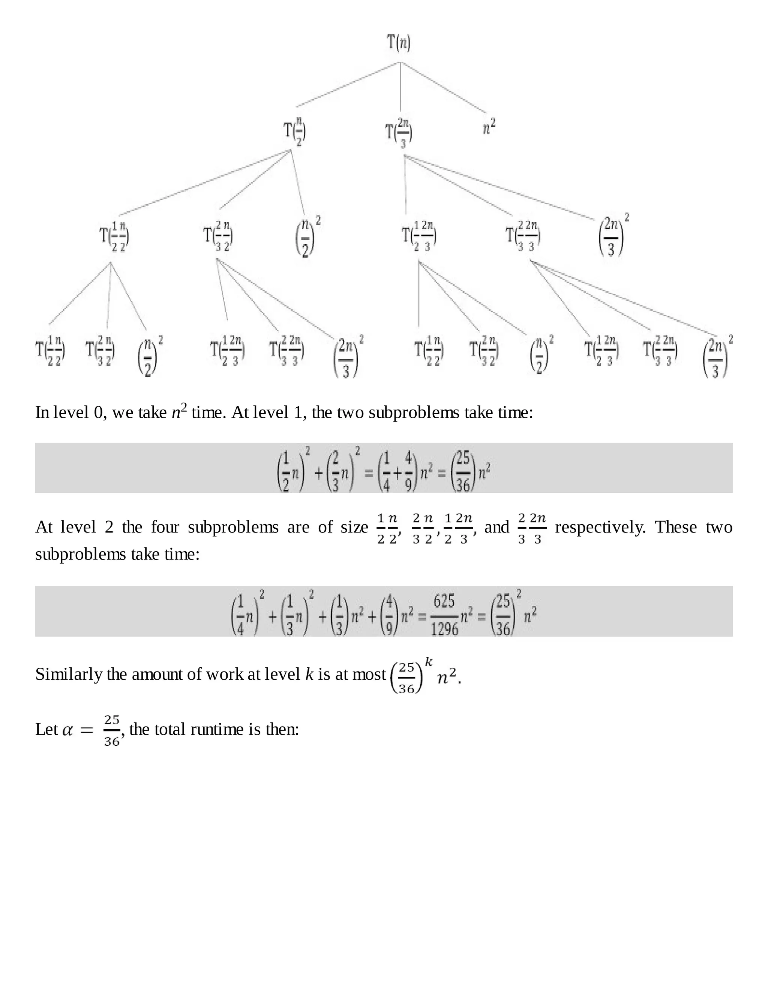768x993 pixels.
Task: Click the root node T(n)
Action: [399, 43]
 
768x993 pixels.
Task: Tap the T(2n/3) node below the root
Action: [399, 133]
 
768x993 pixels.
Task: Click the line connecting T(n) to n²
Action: [443, 87]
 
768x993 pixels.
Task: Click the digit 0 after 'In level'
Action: [98, 413]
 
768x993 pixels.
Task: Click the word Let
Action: [46, 730]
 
